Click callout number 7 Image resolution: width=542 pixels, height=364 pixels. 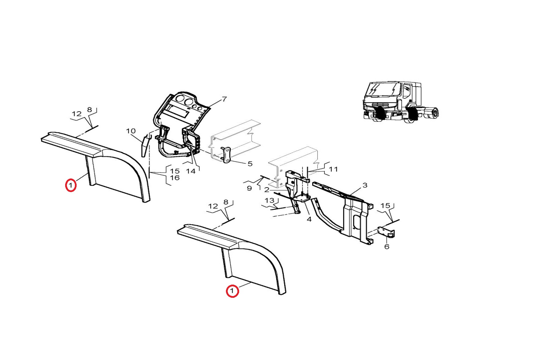click(x=224, y=99)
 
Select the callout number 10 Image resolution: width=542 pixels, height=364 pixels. click(x=131, y=131)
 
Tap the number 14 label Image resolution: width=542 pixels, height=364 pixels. click(x=191, y=171)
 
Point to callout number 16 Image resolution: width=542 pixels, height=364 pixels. click(x=175, y=178)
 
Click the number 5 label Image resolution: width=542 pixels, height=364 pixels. click(x=250, y=164)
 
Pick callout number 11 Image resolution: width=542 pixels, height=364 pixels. click(x=333, y=169)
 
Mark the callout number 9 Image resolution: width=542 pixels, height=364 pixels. click(x=249, y=188)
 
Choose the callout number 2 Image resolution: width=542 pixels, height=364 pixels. click(x=266, y=190)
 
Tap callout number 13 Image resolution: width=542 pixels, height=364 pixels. click(x=269, y=200)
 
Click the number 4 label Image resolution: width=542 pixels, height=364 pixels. click(x=309, y=219)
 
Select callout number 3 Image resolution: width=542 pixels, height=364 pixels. click(x=365, y=185)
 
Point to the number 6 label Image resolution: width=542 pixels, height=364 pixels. click(x=387, y=246)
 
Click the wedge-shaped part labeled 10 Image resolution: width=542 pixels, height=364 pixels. click(x=145, y=146)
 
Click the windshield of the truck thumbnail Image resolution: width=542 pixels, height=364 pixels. click(x=383, y=91)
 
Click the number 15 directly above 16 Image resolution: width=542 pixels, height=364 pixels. click(x=175, y=171)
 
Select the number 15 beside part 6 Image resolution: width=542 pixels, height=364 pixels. click(x=385, y=206)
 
